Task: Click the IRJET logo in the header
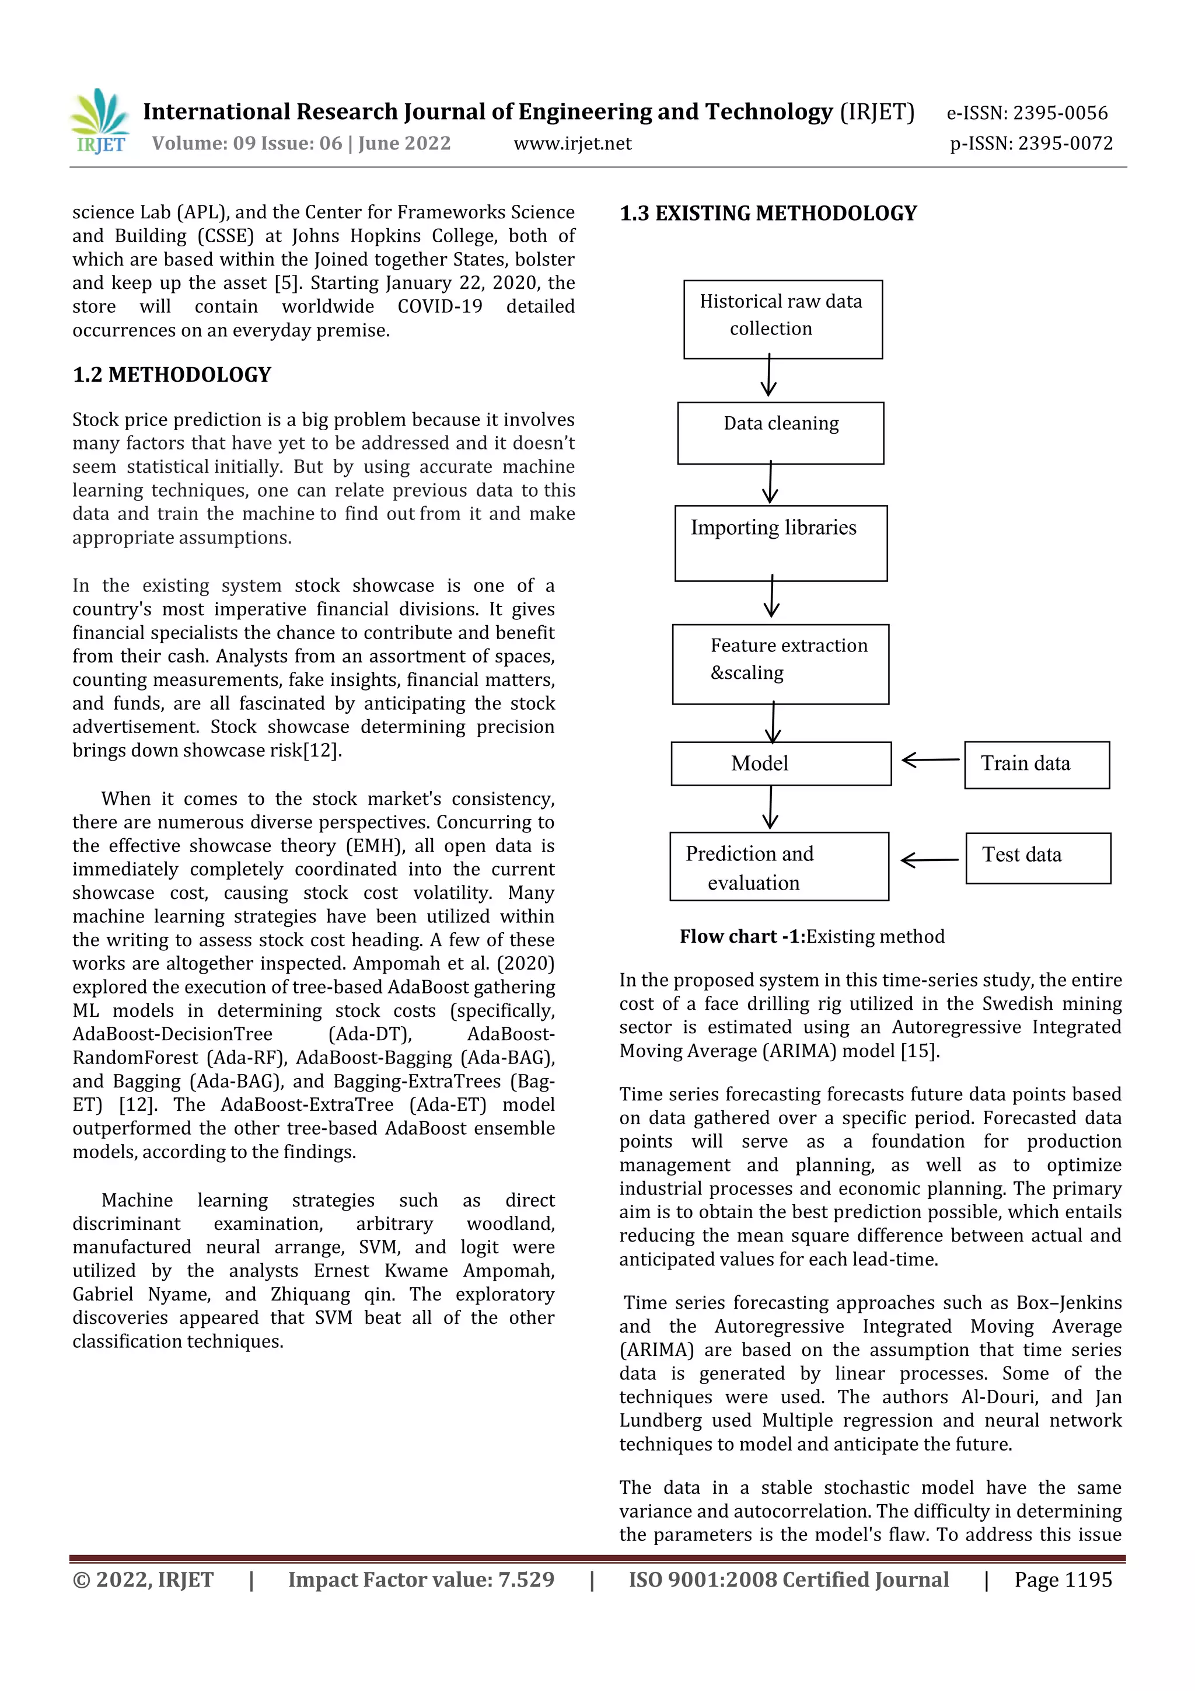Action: point(100,121)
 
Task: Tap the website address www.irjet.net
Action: point(572,144)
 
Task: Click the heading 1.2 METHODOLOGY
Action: point(172,375)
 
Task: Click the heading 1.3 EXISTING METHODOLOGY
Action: point(768,214)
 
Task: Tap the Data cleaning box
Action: point(781,433)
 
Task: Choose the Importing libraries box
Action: point(781,543)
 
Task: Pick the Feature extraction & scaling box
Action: point(781,664)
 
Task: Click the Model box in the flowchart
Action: point(781,763)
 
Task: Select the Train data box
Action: point(1036,765)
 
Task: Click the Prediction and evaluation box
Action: point(778,866)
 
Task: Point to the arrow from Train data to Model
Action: point(930,760)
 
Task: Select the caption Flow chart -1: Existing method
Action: point(812,936)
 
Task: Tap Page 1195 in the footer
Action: point(1063,1579)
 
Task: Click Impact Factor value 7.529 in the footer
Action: point(421,1579)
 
